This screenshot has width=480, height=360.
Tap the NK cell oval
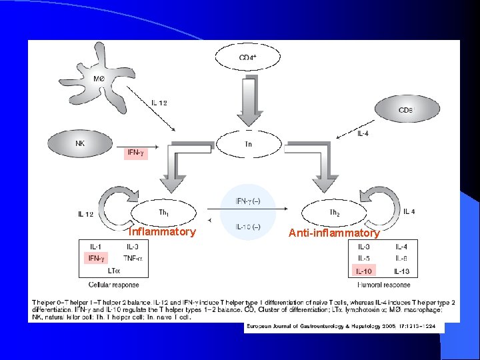pos(81,142)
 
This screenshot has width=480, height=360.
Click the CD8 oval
pos(405,109)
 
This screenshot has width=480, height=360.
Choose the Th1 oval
pos(163,212)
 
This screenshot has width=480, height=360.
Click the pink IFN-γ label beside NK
pos(135,153)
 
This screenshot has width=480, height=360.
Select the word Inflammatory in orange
pos(162,232)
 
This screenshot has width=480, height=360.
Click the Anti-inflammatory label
pos(334,233)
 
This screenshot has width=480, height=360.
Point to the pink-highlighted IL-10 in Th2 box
pos(364,271)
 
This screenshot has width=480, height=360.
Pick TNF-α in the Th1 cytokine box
pos(133,257)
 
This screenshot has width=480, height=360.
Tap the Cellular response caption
pos(117,285)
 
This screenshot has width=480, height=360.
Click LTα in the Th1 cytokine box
pos(113,270)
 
